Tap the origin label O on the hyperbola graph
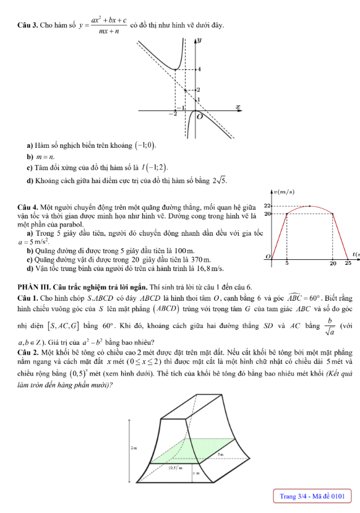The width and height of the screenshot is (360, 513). pyautogui.click(x=199, y=116)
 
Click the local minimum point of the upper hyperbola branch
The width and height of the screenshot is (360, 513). pyautogui.click(x=176, y=69)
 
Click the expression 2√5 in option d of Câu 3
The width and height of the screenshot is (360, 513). pyautogui.click(x=220, y=181)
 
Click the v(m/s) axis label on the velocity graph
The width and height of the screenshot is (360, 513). pyautogui.click(x=283, y=192)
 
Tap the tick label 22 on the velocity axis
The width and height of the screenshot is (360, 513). pyautogui.click(x=267, y=205)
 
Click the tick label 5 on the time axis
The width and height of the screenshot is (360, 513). pyautogui.click(x=286, y=263)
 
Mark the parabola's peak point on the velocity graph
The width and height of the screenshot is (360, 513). pyautogui.click(x=309, y=205)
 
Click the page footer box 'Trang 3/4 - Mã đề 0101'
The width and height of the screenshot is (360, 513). pyautogui.click(x=311, y=496)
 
